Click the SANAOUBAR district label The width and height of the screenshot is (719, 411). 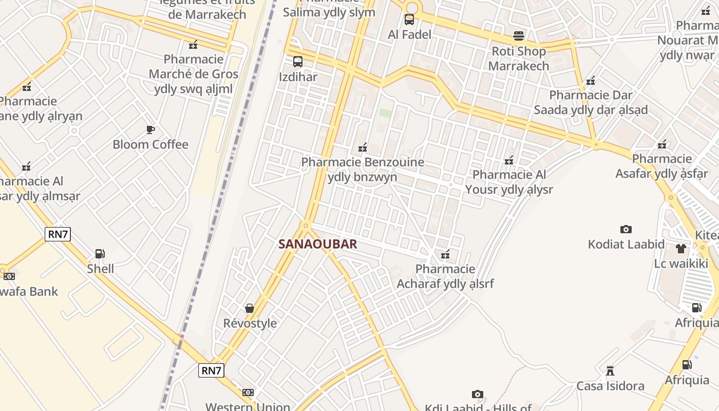tap(317, 244)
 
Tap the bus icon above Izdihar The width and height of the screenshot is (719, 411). tap(297, 62)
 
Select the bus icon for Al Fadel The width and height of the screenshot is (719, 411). tap(409, 20)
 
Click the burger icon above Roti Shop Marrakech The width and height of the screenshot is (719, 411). tap(518, 36)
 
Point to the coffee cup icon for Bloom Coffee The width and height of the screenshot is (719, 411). tap(150, 129)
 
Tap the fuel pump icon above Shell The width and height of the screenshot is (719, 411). tap(100, 253)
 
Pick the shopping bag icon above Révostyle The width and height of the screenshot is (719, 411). tap(250, 308)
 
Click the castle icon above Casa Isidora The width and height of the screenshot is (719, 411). tap(610, 370)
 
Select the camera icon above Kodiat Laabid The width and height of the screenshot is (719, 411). tap(626, 229)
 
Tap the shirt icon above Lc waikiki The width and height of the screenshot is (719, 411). tap(681, 249)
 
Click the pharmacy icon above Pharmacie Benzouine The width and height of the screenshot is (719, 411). tap(363, 147)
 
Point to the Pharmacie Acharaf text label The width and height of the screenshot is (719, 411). tap(445, 276)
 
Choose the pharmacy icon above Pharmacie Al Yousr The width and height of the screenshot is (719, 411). tap(509, 160)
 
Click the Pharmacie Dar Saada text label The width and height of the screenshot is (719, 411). tap(591, 102)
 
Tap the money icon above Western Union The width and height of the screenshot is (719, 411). tap(248, 392)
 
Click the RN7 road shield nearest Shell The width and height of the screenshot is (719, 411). tap(58, 234)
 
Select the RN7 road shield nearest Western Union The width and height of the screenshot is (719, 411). tap(212, 370)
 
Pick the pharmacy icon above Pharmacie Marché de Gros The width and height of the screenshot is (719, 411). tap(193, 45)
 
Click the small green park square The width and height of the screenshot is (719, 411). tap(385, 113)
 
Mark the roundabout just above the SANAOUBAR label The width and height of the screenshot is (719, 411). tap(306, 225)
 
